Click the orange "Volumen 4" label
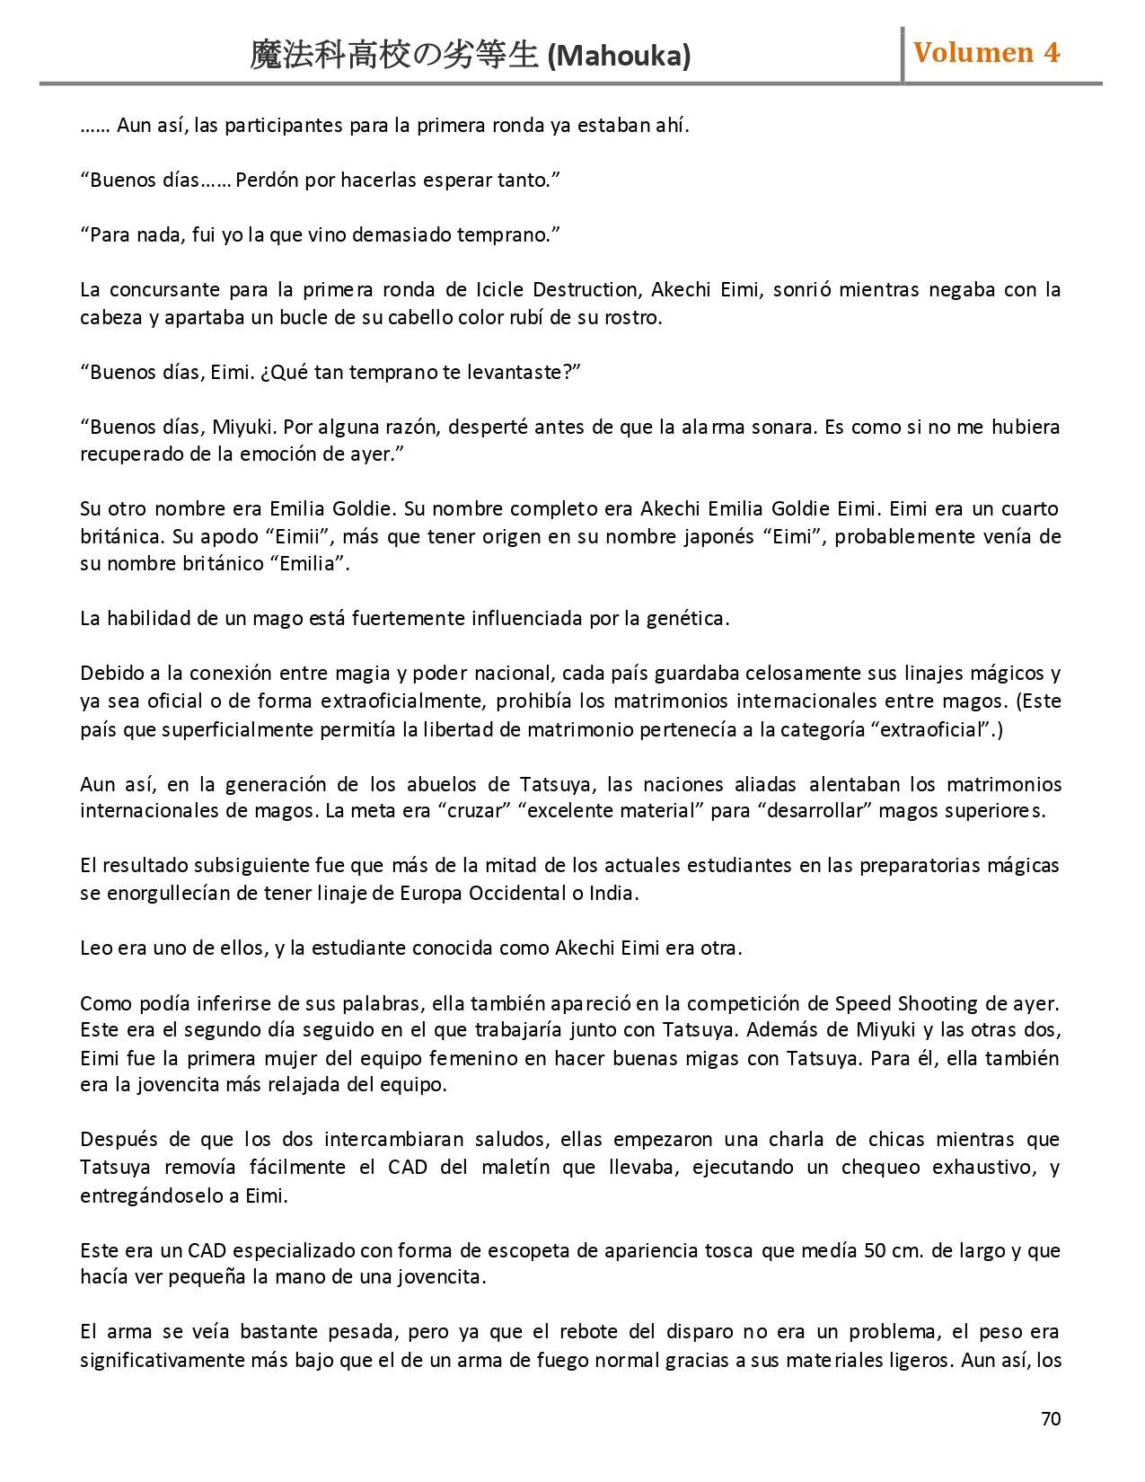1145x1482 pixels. coord(986,53)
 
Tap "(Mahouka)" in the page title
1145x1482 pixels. coord(619,57)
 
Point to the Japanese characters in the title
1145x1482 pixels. coord(394,56)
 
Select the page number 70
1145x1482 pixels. coord(1051,1419)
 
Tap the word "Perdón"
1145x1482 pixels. coord(267,181)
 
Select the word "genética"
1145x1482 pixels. coord(687,619)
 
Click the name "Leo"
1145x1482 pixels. coord(95,948)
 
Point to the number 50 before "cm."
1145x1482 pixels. coord(875,1251)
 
